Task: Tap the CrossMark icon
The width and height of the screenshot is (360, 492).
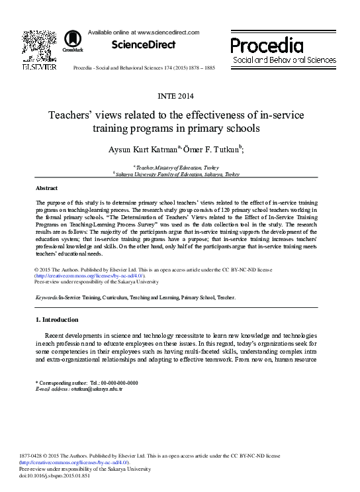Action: point(68,41)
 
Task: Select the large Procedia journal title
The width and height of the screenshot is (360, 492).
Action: point(267,46)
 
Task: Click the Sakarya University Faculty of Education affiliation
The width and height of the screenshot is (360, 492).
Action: point(181,174)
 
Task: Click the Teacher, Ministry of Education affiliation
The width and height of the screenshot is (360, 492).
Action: point(181,168)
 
